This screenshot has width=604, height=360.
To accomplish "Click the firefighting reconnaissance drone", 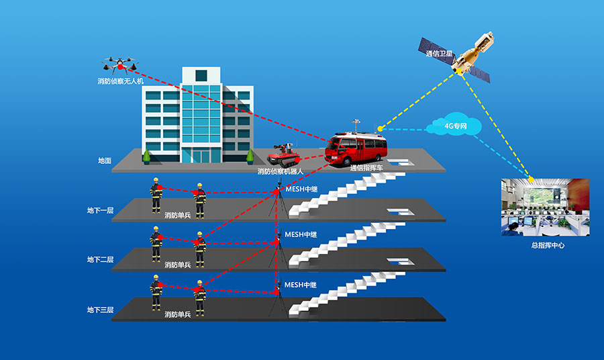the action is click(x=120, y=65).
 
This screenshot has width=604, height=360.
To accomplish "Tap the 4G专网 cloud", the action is click(x=454, y=124).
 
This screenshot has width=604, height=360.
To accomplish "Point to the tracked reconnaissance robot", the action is click(x=284, y=155).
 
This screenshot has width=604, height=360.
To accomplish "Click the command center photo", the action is click(x=545, y=208).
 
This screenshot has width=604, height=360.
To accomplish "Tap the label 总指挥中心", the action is click(x=548, y=246).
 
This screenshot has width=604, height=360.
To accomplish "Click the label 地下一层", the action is click(x=100, y=210).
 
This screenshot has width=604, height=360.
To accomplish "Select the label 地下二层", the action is click(x=100, y=259).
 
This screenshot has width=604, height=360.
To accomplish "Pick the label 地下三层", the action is click(x=100, y=310).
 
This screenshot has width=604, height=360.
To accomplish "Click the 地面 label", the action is click(x=105, y=161).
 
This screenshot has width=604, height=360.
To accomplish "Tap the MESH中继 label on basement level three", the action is click(x=301, y=285).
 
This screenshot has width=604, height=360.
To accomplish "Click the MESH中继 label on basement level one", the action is click(x=301, y=189).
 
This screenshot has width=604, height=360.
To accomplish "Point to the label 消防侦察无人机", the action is click(x=121, y=81).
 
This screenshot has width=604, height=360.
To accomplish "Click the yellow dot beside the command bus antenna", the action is click(x=381, y=128).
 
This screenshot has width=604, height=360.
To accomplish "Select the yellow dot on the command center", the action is click(x=531, y=179).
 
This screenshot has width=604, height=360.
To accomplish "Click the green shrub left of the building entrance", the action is click(x=146, y=156).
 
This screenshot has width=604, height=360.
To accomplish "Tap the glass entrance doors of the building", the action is click(x=201, y=156).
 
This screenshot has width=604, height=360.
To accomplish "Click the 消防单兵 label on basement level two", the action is click(x=178, y=265).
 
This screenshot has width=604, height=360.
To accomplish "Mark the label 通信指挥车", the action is click(x=366, y=168).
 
